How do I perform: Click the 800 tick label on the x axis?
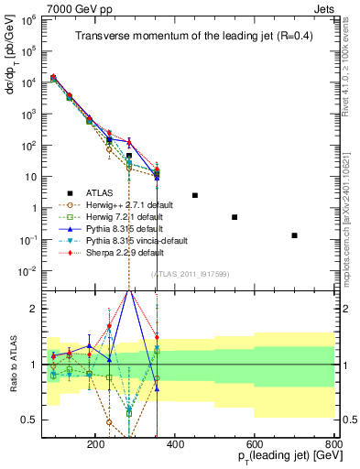click(333, 443)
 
